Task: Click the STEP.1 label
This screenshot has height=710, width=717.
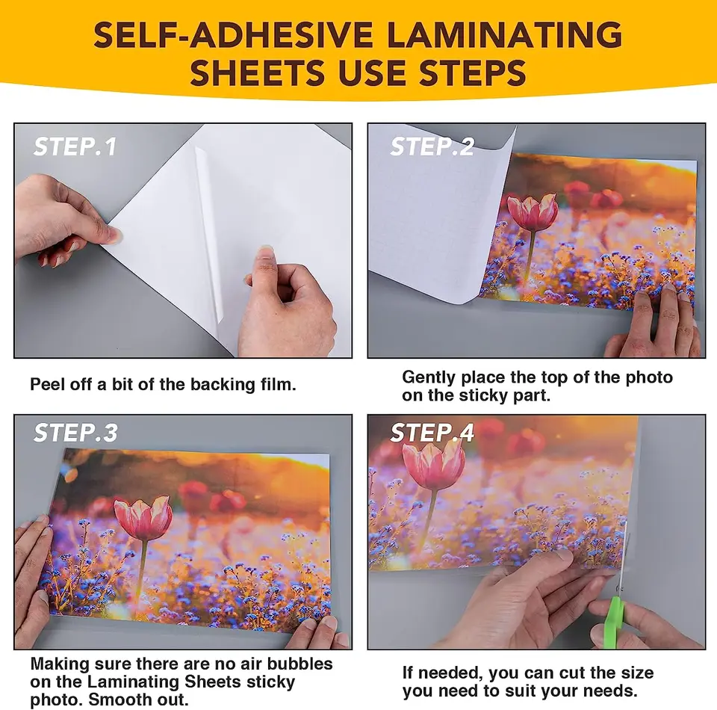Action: (x=75, y=146)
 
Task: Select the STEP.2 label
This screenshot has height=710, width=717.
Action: (x=432, y=146)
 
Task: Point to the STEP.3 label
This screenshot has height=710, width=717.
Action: (x=75, y=433)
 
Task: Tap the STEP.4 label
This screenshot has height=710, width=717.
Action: (x=432, y=433)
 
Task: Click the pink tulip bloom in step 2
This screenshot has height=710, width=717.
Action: (x=533, y=212)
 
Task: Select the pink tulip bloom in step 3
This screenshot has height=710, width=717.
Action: (x=143, y=519)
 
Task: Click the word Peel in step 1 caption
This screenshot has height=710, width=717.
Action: (x=46, y=385)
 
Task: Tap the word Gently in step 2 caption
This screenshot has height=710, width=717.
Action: (x=429, y=377)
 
